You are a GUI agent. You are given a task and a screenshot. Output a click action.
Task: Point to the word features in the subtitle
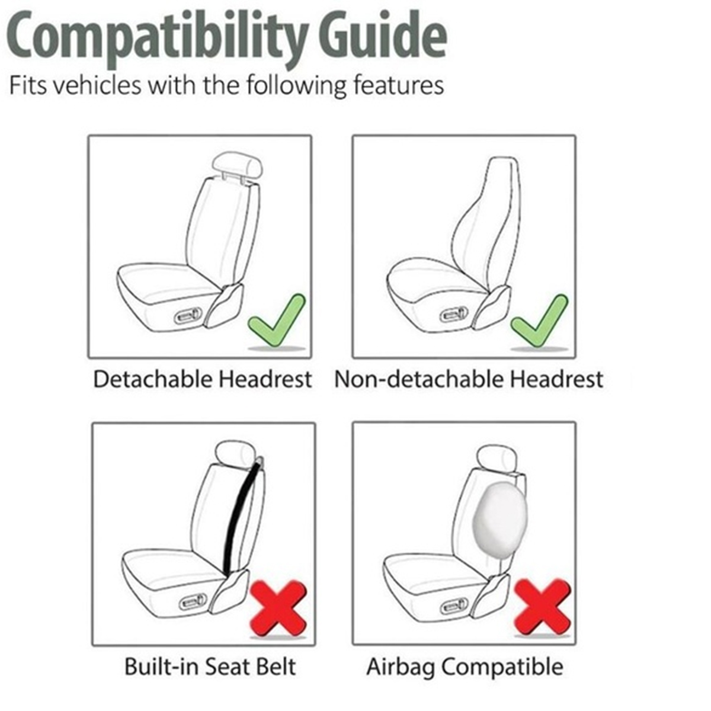coord(399,85)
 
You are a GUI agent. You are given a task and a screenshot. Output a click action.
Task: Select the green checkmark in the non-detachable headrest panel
coord(539,322)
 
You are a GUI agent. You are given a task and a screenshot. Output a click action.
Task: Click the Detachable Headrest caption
coord(202,379)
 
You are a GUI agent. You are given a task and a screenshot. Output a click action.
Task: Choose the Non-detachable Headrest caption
coord(469,379)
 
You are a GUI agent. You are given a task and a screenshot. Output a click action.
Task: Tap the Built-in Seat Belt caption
coord(210,667)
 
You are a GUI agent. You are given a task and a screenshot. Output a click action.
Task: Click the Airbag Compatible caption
coord(465,667)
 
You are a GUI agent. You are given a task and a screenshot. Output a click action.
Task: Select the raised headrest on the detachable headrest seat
coord(237,165)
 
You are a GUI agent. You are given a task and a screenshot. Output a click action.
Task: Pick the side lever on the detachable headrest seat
coord(188,316)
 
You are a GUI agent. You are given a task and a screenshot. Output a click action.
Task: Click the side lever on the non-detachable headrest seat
coord(453,315)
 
